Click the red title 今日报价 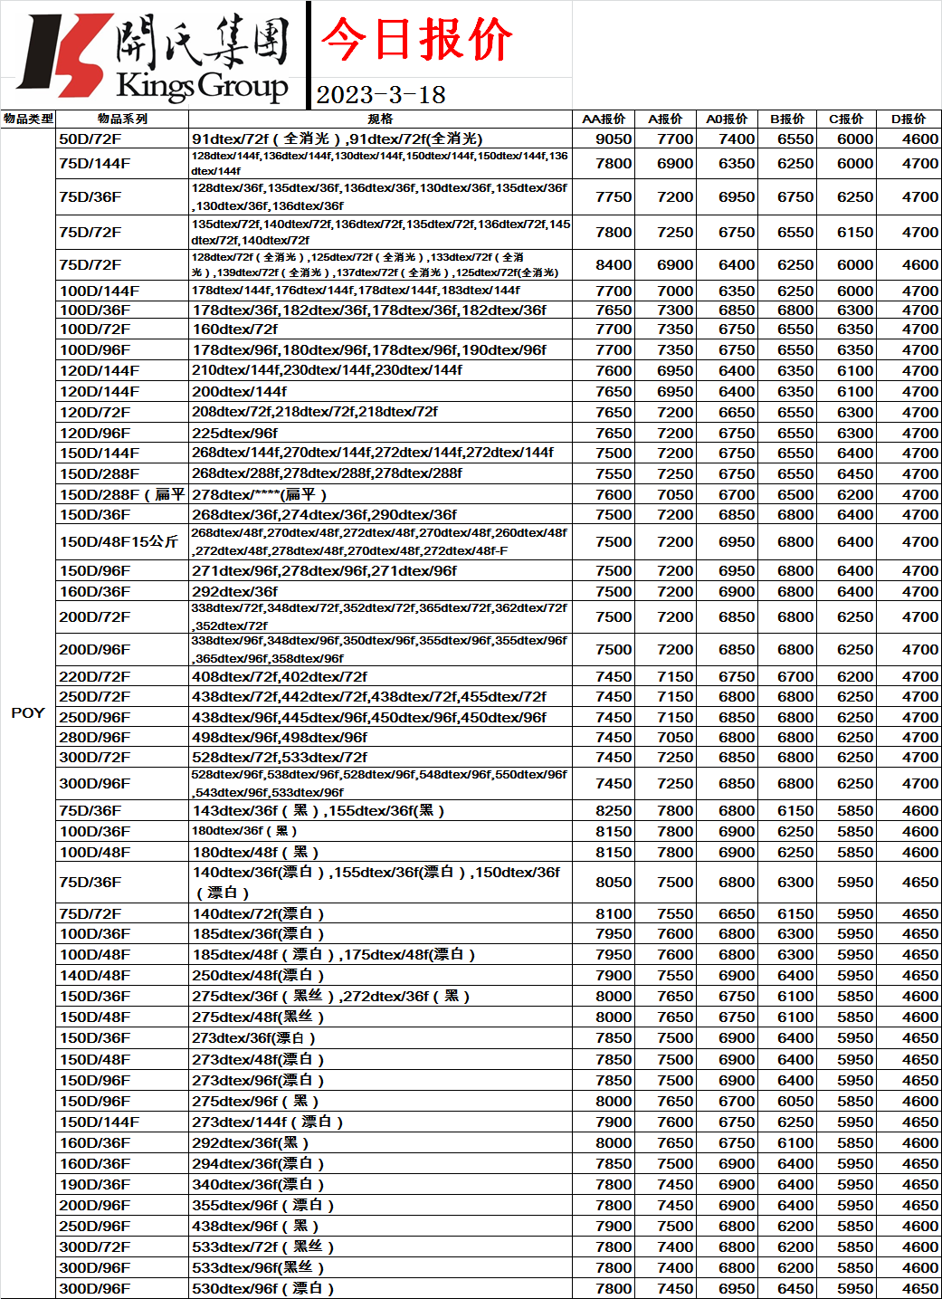click(x=416, y=40)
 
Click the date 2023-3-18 click(x=381, y=95)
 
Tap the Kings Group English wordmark click(x=202, y=86)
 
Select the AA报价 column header click(x=604, y=119)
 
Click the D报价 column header click(x=909, y=119)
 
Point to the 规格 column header click(x=380, y=119)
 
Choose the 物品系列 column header click(x=122, y=119)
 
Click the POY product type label click(x=28, y=712)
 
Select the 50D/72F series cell click(x=90, y=138)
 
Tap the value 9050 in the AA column click(x=614, y=138)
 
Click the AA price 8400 click(x=614, y=264)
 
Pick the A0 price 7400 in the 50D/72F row click(x=737, y=138)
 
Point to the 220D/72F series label click(x=95, y=676)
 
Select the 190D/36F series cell click(x=95, y=1184)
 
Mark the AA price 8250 click(x=614, y=810)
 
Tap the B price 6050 click(x=795, y=1101)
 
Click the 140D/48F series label click(x=95, y=975)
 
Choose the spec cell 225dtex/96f click(x=235, y=433)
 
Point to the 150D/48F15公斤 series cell click(x=119, y=541)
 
